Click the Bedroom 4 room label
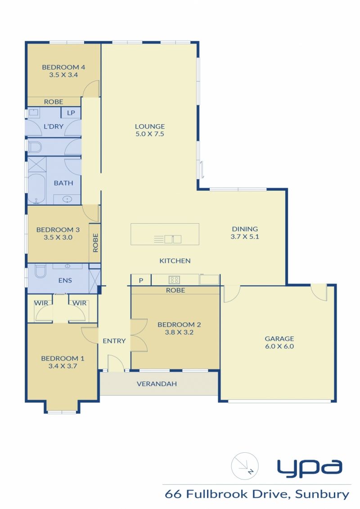click(63, 67)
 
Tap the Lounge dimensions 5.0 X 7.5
click(150, 134)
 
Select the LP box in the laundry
click(71, 113)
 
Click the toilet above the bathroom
click(35, 147)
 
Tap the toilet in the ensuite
click(40, 271)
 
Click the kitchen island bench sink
click(172, 239)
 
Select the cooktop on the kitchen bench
click(174, 279)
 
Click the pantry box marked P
click(141, 280)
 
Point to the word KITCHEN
click(175, 261)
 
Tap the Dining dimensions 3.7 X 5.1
click(245, 237)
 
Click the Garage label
click(279, 338)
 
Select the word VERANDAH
click(157, 384)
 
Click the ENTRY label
click(114, 341)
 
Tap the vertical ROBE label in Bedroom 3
click(95, 243)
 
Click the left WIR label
click(41, 303)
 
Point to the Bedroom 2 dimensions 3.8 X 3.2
click(179, 332)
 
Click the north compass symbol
click(245, 466)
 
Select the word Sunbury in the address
click(322, 495)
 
